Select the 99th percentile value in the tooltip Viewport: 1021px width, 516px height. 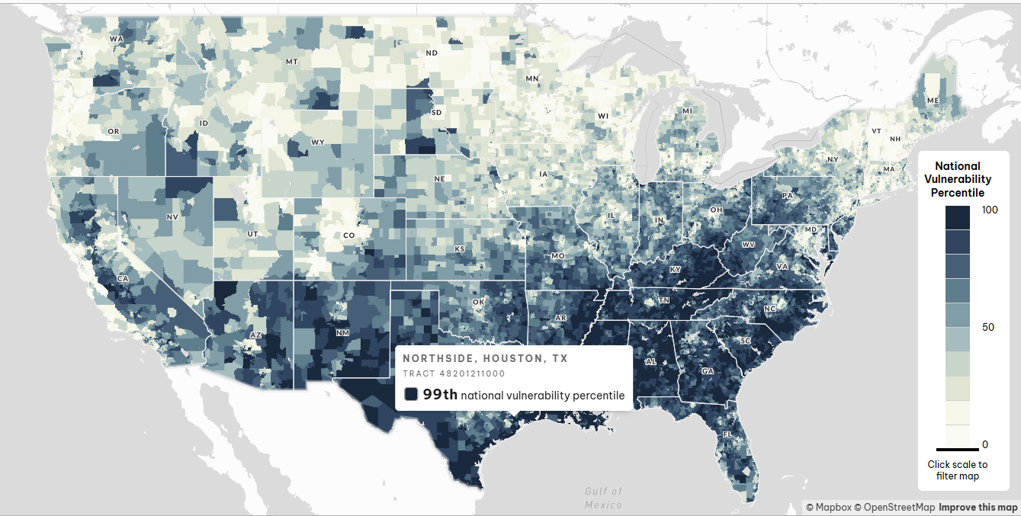[440, 394]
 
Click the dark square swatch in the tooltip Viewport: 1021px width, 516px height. [411, 394]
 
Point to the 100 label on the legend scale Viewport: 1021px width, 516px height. [990, 210]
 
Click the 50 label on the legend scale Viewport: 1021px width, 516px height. [988, 327]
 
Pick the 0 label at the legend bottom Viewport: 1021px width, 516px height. [985, 444]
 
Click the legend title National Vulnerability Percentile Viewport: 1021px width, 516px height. [957, 179]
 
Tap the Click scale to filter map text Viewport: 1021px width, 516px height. [957, 470]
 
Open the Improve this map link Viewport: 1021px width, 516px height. [978, 507]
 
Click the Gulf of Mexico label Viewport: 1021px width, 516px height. [604, 498]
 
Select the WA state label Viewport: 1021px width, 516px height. [116, 39]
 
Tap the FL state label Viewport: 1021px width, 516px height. [728, 434]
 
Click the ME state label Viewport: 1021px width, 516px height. [933, 101]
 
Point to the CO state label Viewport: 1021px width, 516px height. [348, 236]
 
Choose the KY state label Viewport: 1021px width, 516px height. [675, 270]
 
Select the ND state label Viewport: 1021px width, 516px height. [432, 53]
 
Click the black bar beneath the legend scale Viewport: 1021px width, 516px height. [957, 449]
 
